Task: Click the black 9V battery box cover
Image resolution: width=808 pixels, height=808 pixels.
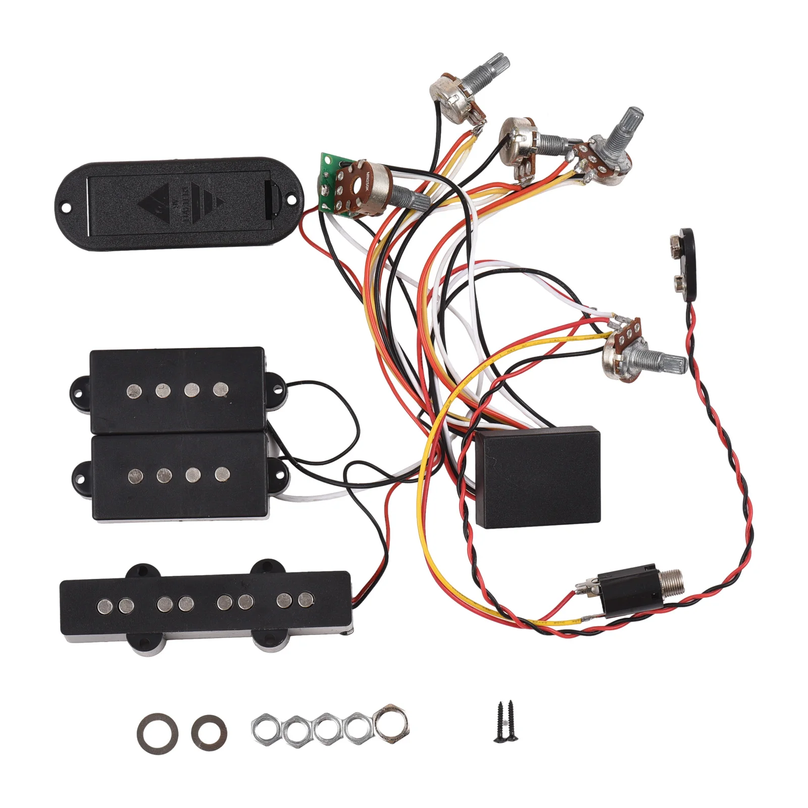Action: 179,205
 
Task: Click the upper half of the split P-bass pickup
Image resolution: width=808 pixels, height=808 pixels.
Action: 177,389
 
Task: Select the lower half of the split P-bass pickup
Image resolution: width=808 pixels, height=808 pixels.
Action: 179,476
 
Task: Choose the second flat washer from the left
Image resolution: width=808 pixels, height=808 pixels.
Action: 209,730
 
